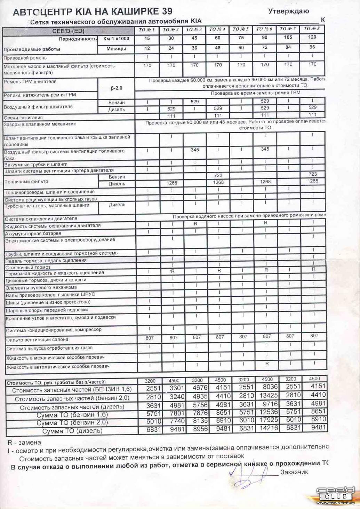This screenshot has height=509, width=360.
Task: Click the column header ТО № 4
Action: point(218,29)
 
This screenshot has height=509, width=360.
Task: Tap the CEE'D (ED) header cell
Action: point(68,31)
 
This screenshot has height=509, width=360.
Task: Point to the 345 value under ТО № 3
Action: point(195,150)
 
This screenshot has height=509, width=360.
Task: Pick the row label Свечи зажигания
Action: point(23,118)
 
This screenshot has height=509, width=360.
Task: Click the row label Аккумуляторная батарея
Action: point(33,233)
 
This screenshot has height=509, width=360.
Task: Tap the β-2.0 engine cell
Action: point(117,88)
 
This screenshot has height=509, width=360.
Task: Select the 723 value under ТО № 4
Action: point(218,176)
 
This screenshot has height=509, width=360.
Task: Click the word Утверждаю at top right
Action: point(289,11)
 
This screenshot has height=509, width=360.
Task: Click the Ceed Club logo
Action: point(335,493)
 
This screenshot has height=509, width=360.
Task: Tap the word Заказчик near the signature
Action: point(294,472)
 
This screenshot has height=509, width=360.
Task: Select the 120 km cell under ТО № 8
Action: point(312,37)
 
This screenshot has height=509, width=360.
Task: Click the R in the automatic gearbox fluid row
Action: point(267,364)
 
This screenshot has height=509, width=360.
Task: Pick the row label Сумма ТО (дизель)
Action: point(72,431)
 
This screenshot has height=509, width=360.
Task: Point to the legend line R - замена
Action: point(24,443)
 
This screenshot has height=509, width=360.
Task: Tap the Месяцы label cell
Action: point(116,49)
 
